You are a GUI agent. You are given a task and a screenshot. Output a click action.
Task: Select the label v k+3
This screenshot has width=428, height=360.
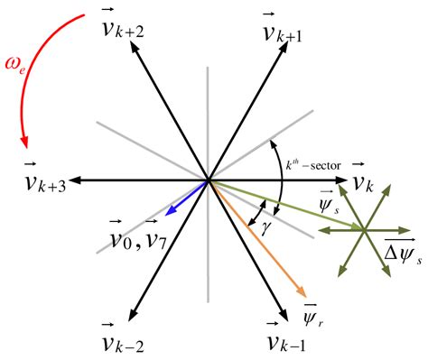[45, 184]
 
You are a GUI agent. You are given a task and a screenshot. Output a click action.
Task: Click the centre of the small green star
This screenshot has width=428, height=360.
[363, 230]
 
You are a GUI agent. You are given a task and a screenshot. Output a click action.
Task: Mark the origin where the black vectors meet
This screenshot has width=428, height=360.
[209, 181]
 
